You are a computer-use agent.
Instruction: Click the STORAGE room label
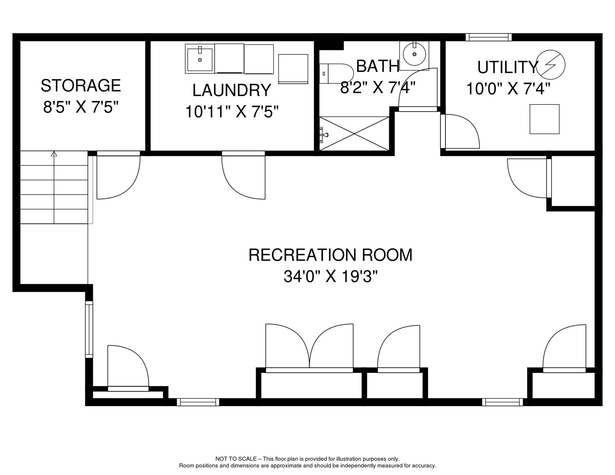click(x=81, y=86)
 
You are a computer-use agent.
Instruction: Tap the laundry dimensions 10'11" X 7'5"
click(x=232, y=112)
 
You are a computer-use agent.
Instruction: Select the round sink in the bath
click(x=414, y=54)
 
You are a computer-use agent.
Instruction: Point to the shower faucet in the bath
click(x=324, y=135)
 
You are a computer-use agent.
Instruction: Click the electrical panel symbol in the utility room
click(x=550, y=65)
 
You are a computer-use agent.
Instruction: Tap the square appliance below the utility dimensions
click(x=544, y=119)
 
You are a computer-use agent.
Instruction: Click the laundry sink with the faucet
click(x=200, y=59)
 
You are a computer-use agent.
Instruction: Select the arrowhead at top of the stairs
click(x=54, y=154)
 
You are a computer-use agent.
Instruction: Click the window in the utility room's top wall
click(x=488, y=37)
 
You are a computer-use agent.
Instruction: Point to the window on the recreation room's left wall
click(x=89, y=329)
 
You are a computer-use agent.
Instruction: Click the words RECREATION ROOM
click(x=330, y=255)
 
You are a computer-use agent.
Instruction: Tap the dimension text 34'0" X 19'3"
click(x=330, y=276)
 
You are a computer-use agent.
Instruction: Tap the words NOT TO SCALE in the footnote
click(x=236, y=459)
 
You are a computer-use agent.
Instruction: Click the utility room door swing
click(x=461, y=131)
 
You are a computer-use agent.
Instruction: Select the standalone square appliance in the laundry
click(x=293, y=69)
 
